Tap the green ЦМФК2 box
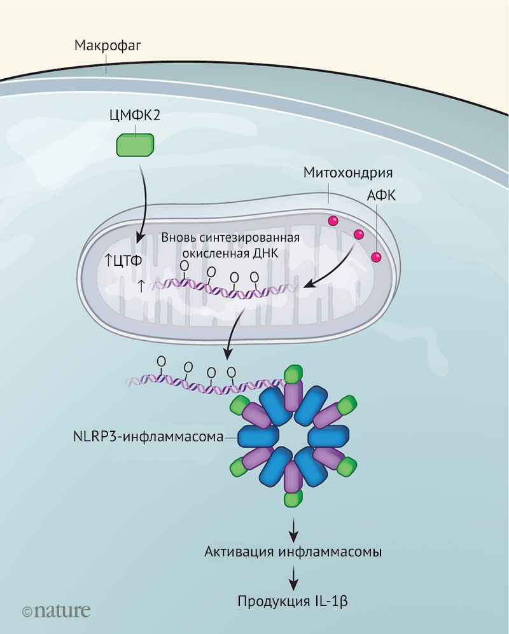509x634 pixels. tap(134, 144)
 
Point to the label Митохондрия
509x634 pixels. tap(347, 172)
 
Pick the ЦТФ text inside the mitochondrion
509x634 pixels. tap(127, 260)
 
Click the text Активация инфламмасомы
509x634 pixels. tap(293, 551)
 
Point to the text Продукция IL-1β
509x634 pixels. tap(293, 601)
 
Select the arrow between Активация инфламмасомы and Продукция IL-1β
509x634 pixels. tap(293, 575)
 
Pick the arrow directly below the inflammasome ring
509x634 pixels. tap(293, 525)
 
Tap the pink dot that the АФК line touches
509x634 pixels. tap(376, 258)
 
